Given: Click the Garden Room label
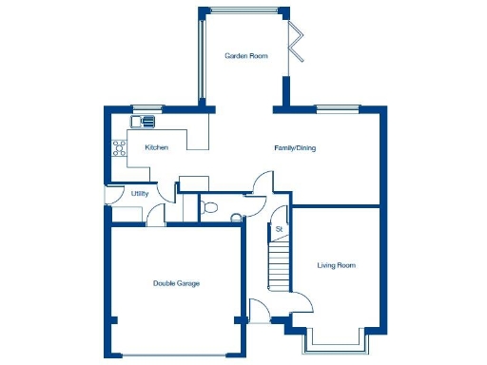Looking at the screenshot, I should (245, 56).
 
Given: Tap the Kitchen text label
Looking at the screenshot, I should (157, 148).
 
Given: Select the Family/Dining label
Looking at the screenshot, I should (294, 148).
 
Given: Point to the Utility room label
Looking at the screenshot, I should (140, 194).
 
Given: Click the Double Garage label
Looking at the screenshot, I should (176, 283).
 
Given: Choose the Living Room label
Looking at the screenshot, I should (336, 265).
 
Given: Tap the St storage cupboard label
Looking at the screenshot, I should (280, 230).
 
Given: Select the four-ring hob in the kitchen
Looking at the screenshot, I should (121, 147).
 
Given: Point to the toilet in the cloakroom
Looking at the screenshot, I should (211, 206).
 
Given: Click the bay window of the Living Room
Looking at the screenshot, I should (334, 341).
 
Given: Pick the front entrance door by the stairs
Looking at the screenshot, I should (259, 309).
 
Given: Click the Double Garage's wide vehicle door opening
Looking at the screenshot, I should (176, 355).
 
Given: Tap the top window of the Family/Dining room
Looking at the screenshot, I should (334, 106).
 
